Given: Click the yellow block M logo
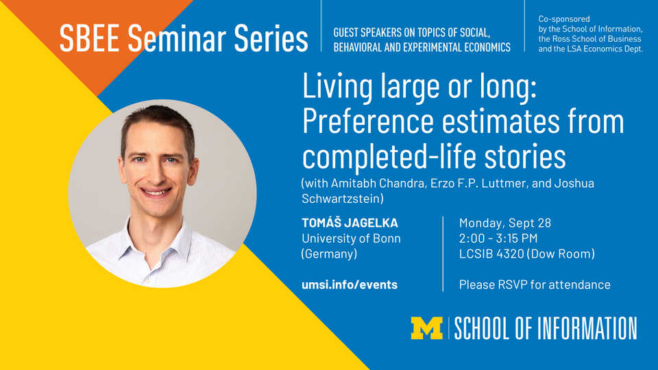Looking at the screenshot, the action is pyautogui.click(x=427, y=328).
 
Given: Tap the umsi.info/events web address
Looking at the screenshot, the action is pyautogui.click(x=350, y=284).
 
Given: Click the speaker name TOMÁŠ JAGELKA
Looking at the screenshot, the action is pyautogui.click(x=350, y=223).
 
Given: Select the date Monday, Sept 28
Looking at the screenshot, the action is pyautogui.click(x=505, y=223).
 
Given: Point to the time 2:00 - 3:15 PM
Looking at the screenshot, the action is pyautogui.click(x=498, y=238).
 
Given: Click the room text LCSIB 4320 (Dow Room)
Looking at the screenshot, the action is pyautogui.click(x=526, y=254).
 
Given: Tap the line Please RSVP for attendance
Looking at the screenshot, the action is pyautogui.click(x=535, y=284).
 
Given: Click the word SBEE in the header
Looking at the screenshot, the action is pyautogui.click(x=89, y=38).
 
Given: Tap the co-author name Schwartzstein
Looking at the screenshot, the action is pyautogui.click(x=341, y=199).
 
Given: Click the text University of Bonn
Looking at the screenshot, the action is pyautogui.click(x=351, y=238).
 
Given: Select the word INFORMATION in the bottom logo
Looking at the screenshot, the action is pyautogui.click(x=587, y=328).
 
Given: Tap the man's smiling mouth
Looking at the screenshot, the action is pyautogui.click(x=156, y=192).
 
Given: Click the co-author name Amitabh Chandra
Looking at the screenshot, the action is pyautogui.click(x=378, y=184).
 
